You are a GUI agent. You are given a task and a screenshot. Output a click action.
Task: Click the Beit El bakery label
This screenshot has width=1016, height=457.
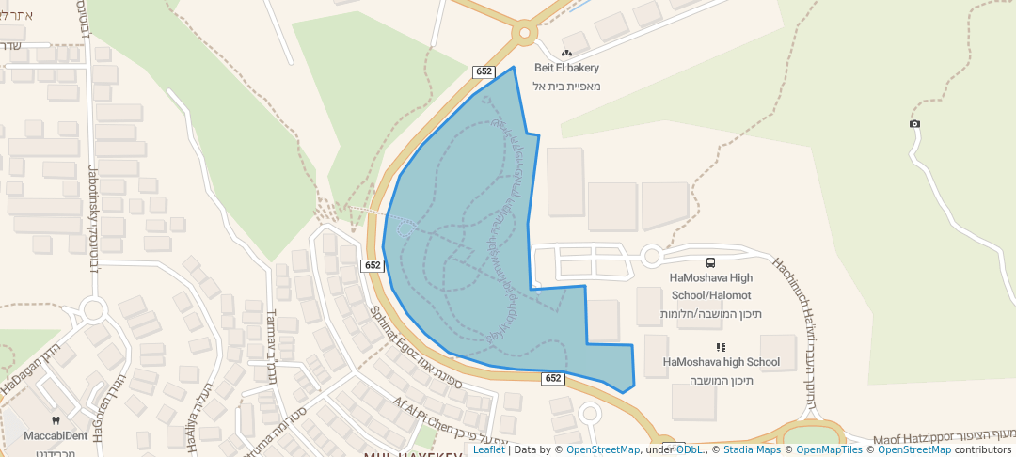(566, 68)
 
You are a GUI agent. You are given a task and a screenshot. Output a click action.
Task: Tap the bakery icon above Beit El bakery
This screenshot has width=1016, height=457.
(566, 54)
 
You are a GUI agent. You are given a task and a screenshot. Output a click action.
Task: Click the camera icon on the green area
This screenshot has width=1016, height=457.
(914, 124)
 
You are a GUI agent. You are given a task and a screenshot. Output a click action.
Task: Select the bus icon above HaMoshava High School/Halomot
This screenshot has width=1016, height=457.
(710, 262)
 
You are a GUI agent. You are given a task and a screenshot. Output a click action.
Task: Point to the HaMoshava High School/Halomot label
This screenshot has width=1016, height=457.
(711, 287)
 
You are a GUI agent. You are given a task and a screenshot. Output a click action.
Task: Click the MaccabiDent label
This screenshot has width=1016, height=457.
(56, 435)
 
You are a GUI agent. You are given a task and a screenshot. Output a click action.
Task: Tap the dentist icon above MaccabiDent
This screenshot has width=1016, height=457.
(56, 420)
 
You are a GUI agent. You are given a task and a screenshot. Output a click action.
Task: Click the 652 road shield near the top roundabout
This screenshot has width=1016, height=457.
(484, 71)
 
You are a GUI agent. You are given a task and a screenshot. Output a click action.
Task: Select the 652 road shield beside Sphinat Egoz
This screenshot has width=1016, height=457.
(373, 266)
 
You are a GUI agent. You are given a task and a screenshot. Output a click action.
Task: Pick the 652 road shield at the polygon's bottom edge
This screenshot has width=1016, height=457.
(553, 378)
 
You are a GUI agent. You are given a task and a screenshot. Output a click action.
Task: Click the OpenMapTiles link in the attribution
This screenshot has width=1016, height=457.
(829, 449)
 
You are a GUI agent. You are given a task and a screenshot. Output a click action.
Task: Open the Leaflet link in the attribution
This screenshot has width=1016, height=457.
(489, 449)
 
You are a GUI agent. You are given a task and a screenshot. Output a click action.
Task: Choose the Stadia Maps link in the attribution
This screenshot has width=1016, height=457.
(751, 449)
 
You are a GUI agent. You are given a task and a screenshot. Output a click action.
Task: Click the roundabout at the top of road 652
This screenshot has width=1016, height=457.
(524, 35)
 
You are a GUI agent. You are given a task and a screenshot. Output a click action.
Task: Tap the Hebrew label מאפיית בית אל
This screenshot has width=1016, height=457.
(566, 87)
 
